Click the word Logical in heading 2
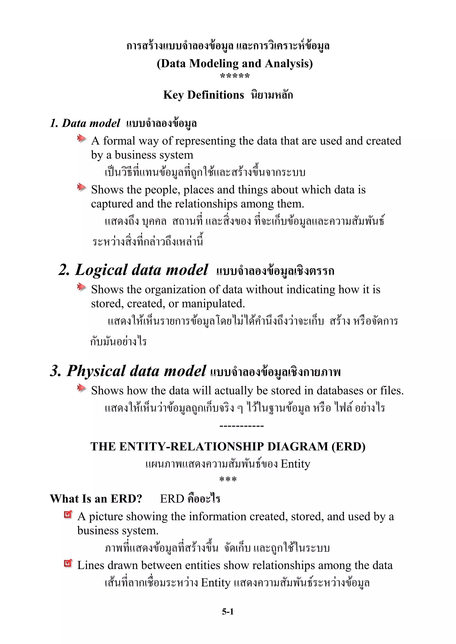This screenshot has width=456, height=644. click(101, 270)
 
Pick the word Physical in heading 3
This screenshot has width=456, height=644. click(96, 371)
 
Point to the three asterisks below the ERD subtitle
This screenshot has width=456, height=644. click(228, 479)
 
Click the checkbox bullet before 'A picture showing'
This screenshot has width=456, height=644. click(68, 514)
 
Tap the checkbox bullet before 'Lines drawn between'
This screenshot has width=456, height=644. click(68, 563)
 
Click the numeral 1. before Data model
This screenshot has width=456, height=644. click(54, 123)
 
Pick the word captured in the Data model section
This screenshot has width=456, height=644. click(112, 204)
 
